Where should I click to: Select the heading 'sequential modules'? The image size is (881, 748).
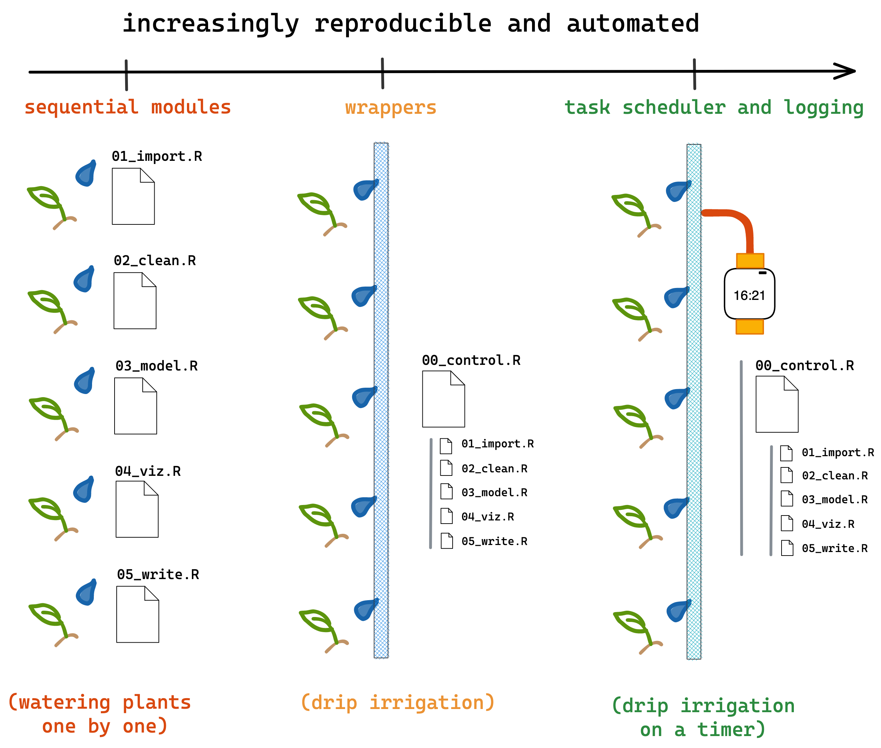click(127, 107)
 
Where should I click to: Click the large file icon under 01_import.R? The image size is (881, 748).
click(133, 196)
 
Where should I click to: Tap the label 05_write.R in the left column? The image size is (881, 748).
click(158, 574)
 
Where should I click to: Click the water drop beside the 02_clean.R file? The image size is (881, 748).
click(84, 280)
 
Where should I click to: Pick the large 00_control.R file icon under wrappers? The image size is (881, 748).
click(443, 399)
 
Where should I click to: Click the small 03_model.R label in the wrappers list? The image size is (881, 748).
click(494, 492)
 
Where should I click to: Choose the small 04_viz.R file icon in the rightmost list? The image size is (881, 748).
click(786, 523)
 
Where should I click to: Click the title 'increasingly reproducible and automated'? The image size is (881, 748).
click(410, 23)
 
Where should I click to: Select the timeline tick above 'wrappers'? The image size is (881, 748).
click(382, 73)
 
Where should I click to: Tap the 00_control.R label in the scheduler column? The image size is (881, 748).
click(804, 366)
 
